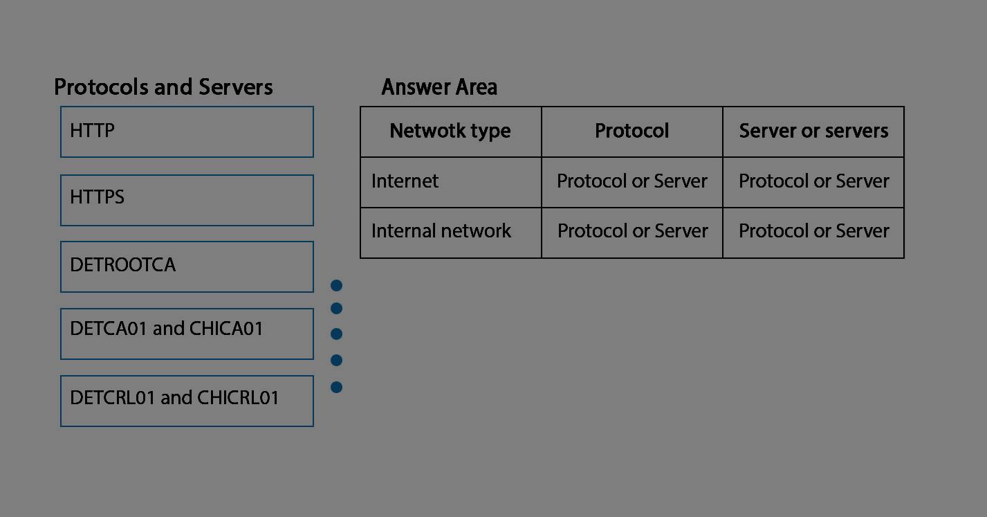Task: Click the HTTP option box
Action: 187,131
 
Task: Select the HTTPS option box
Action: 187,201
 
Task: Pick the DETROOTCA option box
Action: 187,266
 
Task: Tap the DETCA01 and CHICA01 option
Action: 187,334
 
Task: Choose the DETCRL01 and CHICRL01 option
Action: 187,401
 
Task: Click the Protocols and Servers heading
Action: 163,87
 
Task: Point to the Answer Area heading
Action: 439,87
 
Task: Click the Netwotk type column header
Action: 450,131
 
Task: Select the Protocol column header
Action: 632,131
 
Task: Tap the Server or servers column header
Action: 813,131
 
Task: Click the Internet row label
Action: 405,181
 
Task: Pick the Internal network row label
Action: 441,231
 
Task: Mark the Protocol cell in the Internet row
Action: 632,181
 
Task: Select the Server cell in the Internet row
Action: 814,181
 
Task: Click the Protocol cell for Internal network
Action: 632,231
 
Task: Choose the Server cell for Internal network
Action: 814,231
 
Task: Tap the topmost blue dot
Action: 337,286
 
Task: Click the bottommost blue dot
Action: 337,387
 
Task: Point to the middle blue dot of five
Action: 337,334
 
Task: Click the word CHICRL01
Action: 238,397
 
